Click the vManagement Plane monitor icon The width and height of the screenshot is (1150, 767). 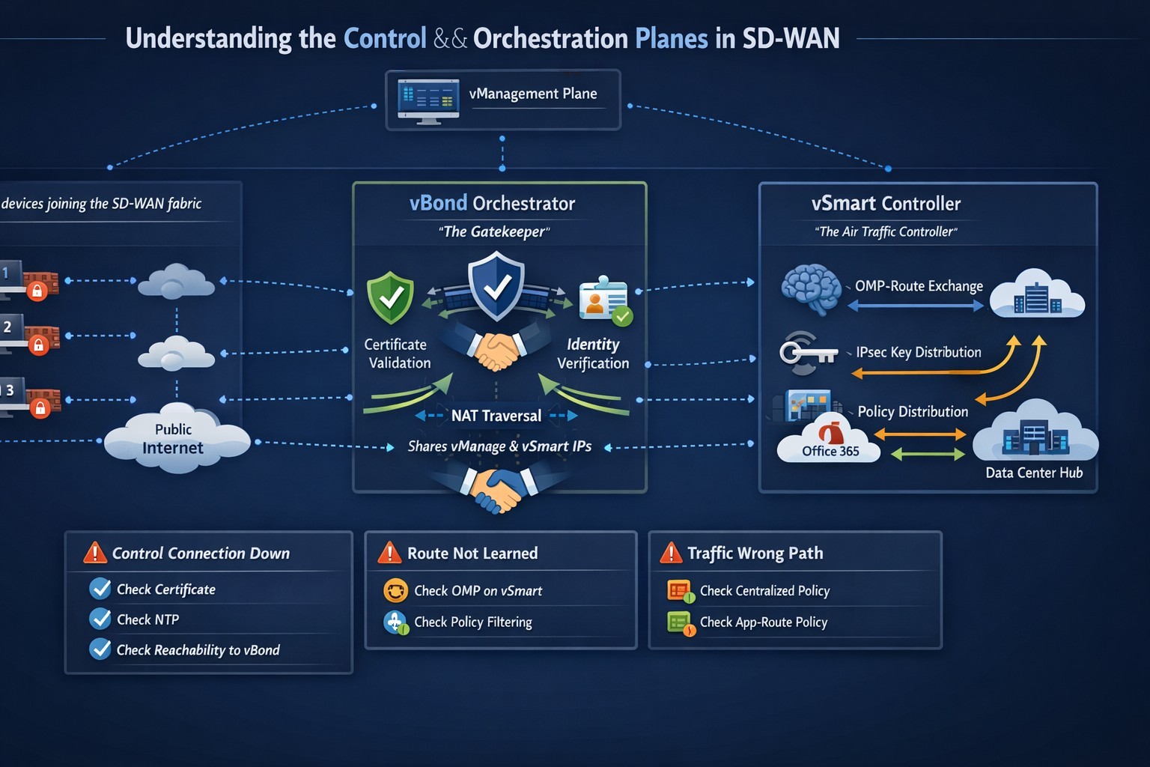click(x=428, y=101)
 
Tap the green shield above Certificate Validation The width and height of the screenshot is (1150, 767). click(x=390, y=298)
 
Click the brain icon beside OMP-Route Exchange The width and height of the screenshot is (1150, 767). click(x=811, y=288)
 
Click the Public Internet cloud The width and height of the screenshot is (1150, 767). click(x=176, y=440)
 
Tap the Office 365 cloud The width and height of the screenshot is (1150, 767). click(x=830, y=443)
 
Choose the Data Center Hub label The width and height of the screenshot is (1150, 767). click(x=1034, y=473)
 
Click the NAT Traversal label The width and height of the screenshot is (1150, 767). click(x=496, y=416)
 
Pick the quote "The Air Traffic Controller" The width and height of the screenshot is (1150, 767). click(x=886, y=231)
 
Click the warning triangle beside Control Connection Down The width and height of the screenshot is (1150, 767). click(x=95, y=553)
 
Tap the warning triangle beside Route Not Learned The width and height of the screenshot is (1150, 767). click(x=389, y=553)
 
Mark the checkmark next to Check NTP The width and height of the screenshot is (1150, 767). click(x=100, y=619)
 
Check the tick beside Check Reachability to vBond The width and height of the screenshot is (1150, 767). click(x=100, y=649)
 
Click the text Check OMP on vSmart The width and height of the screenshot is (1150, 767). click(x=478, y=591)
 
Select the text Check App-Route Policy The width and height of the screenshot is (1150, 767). click(x=763, y=622)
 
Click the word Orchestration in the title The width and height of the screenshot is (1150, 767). click(x=550, y=38)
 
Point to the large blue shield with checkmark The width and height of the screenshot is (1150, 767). click(x=496, y=286)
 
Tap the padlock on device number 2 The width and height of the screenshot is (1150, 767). click(x=39, y=345)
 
